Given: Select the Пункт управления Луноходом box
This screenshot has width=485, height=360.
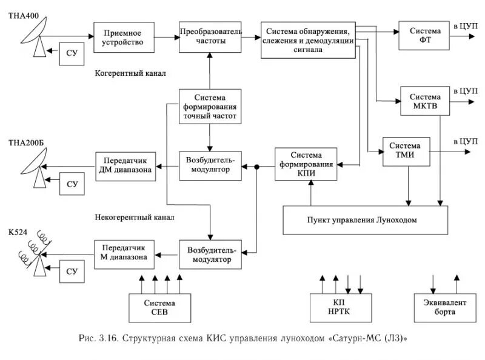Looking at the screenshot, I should pyautogui.click(x=366, y=219).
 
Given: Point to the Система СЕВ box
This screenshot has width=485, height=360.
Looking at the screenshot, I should pyautogui.click(x=159, y=308).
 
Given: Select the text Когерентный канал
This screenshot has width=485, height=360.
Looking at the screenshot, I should pyautogui.click(x=130, y=73).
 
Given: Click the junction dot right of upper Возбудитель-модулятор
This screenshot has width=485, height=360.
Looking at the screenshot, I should pyautogui.click(x=257, y=165).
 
